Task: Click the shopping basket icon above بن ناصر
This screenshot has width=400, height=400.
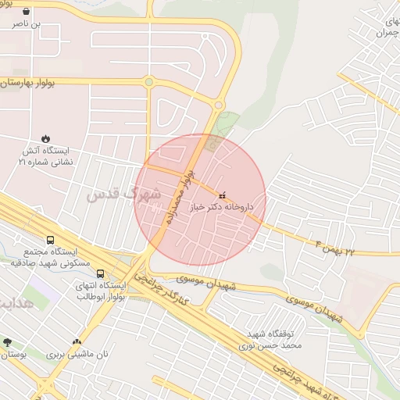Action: [27, 12]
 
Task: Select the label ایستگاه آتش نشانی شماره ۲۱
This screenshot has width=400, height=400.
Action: [45, 156]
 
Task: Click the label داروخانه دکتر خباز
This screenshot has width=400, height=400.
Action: [223, 209]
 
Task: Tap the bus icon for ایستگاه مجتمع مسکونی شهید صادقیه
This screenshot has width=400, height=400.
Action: [51, 241]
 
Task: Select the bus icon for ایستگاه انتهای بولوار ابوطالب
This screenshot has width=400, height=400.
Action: [100, 273]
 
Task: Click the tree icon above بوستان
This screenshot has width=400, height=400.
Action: [7, 342]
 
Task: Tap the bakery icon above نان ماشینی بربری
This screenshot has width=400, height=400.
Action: [77, 341]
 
